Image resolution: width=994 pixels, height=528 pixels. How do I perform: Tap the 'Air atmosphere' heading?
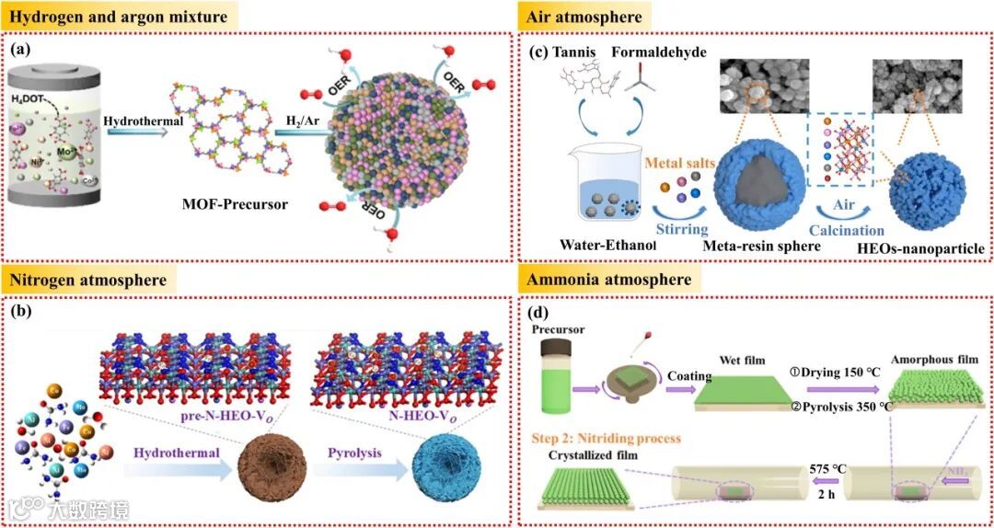584,17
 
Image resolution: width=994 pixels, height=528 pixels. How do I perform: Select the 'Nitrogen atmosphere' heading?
89,279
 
